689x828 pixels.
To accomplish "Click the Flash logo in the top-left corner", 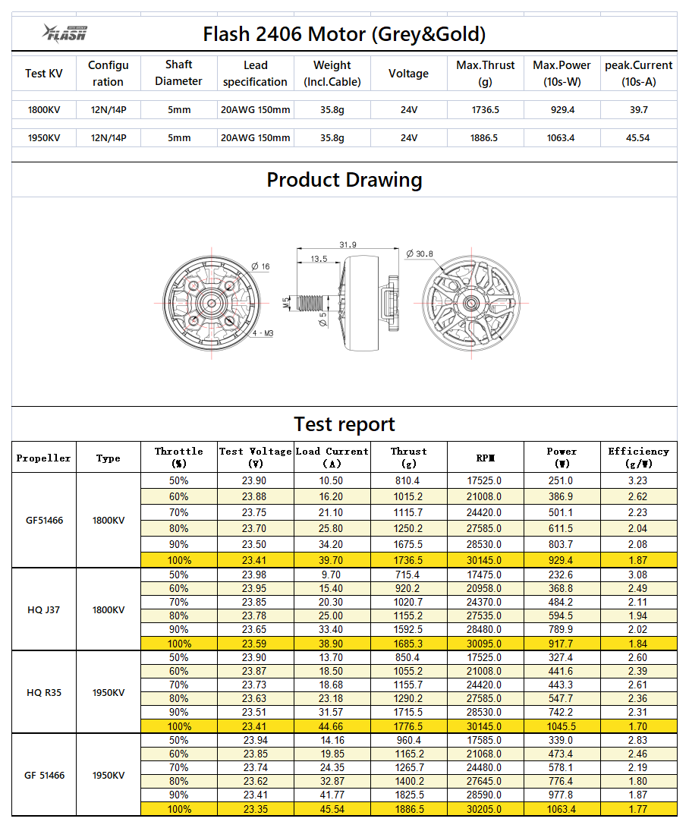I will [x=65, y=33].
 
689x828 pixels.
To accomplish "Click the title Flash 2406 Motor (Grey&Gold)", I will [x=344, y=34].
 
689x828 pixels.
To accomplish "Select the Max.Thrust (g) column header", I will [x=485, y=74].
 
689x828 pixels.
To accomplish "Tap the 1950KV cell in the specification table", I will [x=44, y=137].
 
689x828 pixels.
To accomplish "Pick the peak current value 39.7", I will [x=638, y=110].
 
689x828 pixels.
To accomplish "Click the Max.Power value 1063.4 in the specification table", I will [x=562, y=137].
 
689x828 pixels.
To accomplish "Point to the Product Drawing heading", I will [x=344, y=180].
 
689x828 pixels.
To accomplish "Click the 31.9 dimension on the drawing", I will [x=348, y=244].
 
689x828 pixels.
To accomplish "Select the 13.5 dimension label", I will [x=319, y=259].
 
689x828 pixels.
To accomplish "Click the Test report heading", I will [x=344, y=423].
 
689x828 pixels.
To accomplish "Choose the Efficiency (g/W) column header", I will [x=638, y=457].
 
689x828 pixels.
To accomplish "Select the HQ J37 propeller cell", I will [x=44, y=609].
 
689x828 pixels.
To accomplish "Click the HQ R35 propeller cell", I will [x=44, y=691].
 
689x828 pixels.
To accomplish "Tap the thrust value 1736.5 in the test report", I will [x=408, y=560].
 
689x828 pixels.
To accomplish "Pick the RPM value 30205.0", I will [x=485, y=808].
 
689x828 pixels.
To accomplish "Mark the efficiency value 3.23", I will [x=638, y=480].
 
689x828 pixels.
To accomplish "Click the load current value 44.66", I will [x=332, y=726].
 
